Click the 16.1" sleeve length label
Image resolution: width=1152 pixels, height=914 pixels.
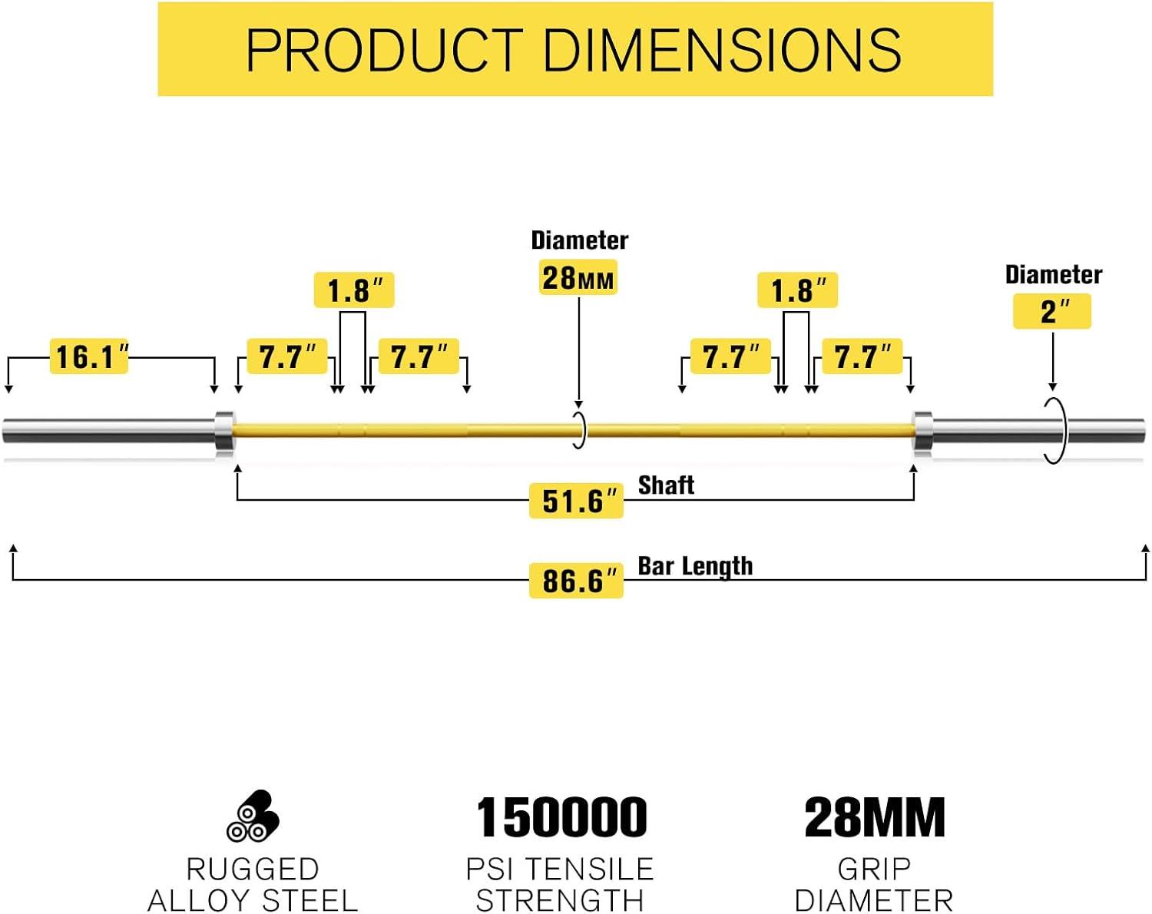(x=89, y=356)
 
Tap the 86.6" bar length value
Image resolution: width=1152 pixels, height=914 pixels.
(x=576, y=581)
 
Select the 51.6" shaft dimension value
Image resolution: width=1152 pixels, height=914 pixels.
(x=576, y=501)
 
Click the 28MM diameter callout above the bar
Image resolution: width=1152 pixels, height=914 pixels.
(x=578, y=277)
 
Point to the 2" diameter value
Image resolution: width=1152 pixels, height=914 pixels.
(x=1052, y=311)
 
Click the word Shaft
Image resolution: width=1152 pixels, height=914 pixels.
(x=666, y=485)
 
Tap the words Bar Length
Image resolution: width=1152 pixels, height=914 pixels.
(x=695, y=567)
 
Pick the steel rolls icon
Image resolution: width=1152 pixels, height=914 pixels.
(x=253, y=816)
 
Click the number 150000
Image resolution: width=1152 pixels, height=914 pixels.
(x=561, y=817)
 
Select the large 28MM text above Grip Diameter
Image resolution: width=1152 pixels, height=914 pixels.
(x=874, y=817)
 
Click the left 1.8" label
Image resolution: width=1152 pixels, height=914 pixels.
(x=354, y=290)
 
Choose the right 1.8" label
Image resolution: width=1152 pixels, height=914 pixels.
(x=797, y=290)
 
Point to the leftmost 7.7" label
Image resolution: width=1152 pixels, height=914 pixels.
(x=287, y=356)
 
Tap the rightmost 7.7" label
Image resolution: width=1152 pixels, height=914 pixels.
(x=862, y=356)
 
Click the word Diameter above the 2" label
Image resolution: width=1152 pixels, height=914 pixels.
(x=1054, y=275)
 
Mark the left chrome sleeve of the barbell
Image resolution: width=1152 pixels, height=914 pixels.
(x=108, y=431)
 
